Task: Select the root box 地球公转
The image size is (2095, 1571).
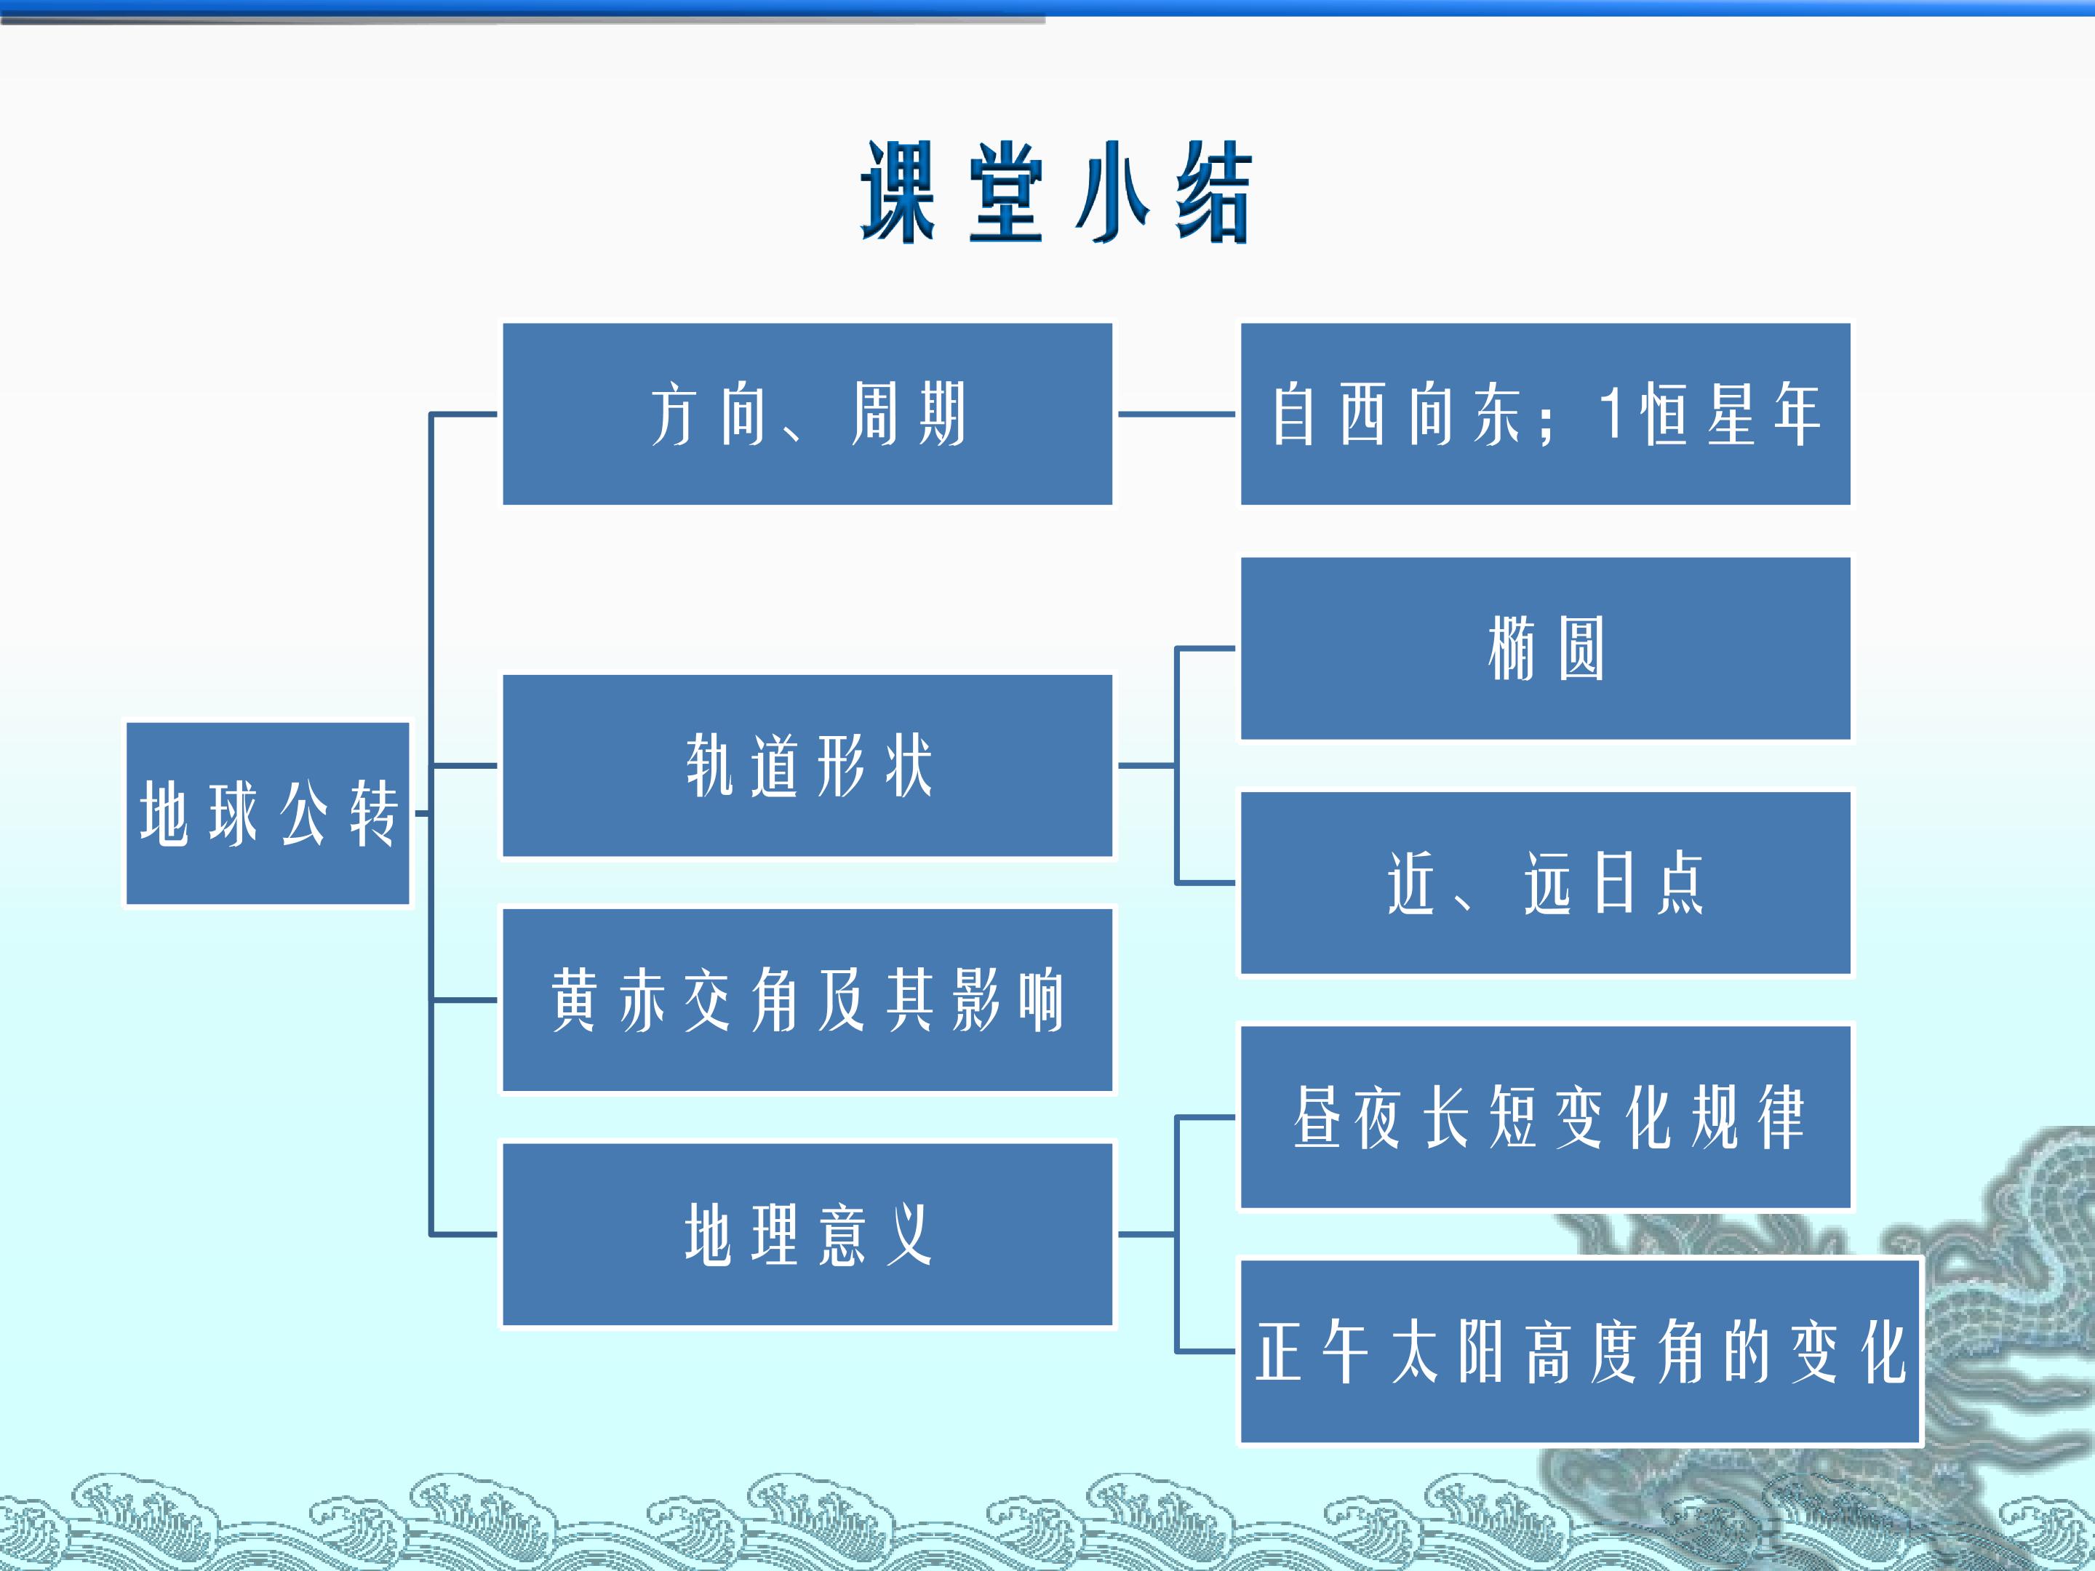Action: coord(268,813)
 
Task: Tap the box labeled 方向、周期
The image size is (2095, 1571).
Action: coord(807,414)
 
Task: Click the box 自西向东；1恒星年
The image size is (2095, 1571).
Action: coord(1546,414)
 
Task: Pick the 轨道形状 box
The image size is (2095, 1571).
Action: coord(807,765)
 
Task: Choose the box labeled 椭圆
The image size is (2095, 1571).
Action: coord(1546,648)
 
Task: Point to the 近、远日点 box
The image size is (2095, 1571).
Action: coord(1546,882)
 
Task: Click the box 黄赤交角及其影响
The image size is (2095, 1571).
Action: coord(807,1000)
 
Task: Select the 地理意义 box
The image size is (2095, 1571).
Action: coord(807,1234)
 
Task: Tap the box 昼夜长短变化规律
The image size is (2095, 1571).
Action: coord(1546,1116)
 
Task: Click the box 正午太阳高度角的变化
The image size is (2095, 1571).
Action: coord(1581,1351)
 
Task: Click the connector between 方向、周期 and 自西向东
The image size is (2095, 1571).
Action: coord(1176,414)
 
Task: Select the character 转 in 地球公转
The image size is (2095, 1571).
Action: coord(373,813)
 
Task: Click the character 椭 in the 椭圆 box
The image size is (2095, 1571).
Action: coord(1512,648)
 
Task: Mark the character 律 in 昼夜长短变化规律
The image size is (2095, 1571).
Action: coord(1781,1116)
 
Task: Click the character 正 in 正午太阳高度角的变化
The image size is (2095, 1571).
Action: coord(1279,1351)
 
